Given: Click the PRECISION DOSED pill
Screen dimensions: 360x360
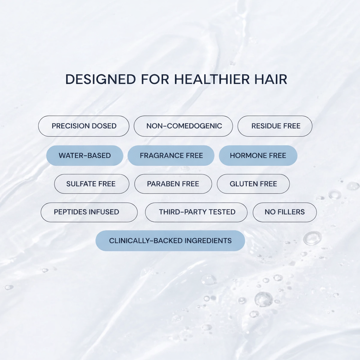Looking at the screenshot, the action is coord(84,126).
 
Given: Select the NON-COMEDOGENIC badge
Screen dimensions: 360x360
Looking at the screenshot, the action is coord(183,126).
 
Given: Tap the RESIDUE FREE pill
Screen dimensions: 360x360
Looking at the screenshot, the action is coord(275,126).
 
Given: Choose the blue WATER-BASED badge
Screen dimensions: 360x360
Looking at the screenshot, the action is coord(85,155).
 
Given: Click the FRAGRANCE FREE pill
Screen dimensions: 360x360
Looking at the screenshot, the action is coord(171,155).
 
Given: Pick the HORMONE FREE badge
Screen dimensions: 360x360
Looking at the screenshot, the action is coord(258,155).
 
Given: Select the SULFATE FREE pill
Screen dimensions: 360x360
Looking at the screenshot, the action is coord(92,184).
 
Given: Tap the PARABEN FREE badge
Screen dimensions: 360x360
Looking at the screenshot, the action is coord(173,184).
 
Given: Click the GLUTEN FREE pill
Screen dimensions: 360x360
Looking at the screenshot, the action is coord(253,184).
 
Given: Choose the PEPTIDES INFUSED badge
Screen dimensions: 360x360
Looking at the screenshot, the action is coord(89,212).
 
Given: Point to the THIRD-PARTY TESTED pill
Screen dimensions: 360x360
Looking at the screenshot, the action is coord(196,212).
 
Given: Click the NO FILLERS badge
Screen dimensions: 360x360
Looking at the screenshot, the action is coord(285,212).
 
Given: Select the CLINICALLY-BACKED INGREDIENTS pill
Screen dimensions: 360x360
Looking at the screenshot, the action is coord(170,240).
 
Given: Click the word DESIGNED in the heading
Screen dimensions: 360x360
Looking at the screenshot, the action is coord(101,79).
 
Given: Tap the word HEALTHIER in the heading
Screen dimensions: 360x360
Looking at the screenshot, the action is coord(212,79).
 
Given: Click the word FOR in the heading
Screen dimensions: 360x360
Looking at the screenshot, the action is coord(155,79).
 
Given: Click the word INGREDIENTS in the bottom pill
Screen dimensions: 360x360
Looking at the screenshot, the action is coord(208,240).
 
